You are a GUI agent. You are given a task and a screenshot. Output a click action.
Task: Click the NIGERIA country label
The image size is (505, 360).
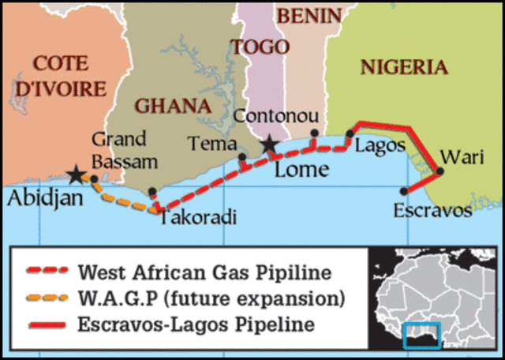coord(403,67)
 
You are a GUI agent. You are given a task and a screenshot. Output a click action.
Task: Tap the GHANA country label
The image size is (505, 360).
coord(173,105)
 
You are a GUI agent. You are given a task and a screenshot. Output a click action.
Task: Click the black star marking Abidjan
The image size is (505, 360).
coord(76,173)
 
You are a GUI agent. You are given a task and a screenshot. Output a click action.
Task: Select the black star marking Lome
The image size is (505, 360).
coord(270,144)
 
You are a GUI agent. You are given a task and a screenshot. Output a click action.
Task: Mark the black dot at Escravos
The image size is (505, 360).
coord(404,190)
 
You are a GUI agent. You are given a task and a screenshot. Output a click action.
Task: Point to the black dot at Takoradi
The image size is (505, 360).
coord(152,192)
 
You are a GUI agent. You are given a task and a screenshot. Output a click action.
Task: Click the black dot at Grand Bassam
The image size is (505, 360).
coord(95,179)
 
